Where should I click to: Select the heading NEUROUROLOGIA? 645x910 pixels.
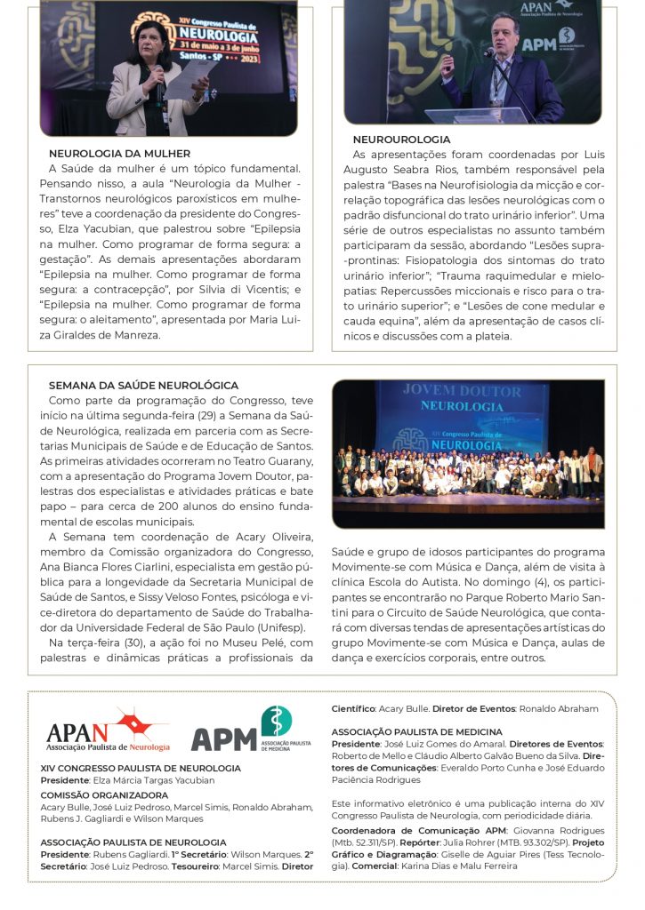point(401,140)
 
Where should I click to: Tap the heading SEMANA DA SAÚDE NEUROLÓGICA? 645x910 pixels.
point(143,386)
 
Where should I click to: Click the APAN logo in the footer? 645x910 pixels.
point(108,731)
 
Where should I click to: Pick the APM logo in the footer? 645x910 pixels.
point(251,730)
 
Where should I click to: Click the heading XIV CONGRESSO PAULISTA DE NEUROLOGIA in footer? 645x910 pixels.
point(141,768)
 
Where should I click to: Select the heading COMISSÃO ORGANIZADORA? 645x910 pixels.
point(104,794)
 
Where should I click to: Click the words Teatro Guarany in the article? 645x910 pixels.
point(277,460)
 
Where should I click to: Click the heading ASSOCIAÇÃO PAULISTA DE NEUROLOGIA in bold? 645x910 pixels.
point(133,842)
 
